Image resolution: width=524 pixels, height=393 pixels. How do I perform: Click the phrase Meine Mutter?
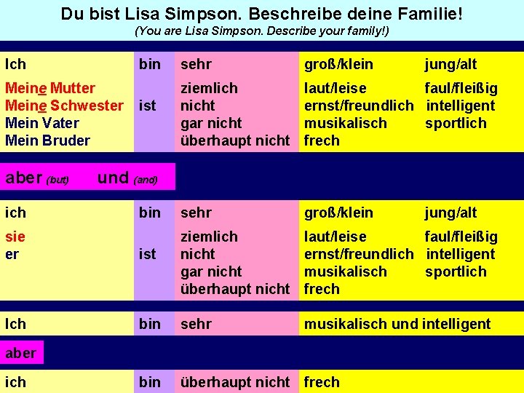(50, 88)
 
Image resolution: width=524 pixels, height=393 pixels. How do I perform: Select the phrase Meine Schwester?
(64, 106)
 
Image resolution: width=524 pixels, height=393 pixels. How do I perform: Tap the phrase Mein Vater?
(41, 123)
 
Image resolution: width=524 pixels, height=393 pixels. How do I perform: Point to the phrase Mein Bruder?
(47, 140)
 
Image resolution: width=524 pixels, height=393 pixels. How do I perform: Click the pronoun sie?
(15, 237)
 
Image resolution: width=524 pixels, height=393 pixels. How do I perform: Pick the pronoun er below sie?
(12, 254)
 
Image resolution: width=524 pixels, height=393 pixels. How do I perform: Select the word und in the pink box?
(113, 178)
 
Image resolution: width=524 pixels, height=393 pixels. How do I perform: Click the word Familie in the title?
(426, 14)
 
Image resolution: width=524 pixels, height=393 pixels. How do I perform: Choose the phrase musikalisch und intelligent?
(397, 324)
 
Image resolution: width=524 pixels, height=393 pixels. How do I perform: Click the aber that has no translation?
(20, 353)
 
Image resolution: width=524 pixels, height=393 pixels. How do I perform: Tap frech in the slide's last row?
(322, 381)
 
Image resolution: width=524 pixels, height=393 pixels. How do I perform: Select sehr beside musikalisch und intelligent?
(196, 324)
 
